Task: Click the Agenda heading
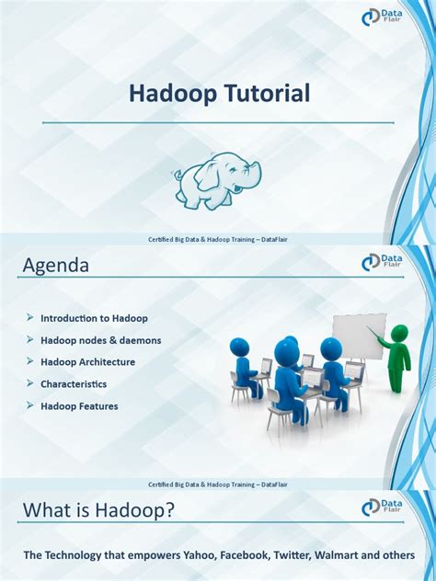(x=56, y=266)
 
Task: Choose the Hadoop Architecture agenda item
(x=87, y=361)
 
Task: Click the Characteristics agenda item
(x=74, y=383)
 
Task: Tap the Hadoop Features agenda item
(x=79, y=405)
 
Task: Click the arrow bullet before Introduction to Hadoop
(x=29, y=317)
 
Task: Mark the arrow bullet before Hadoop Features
(x=29, y=405)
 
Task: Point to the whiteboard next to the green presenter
(x=358, y=336)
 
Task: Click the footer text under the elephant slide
(x=218, y=239)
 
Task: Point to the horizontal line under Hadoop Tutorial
(x=218, y=122)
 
